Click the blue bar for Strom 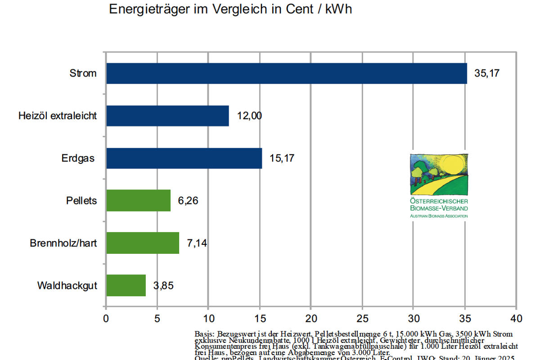point(286,73)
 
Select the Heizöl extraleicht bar point(167,116)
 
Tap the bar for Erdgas point(184,158)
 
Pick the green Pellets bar point(138,200)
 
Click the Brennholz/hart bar point(142,243)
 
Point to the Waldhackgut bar point(126,285)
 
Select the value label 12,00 point(249,116)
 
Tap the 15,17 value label point(282,158)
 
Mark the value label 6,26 point(188,201)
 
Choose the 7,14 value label point(196,243)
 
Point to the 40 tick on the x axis point(516,319)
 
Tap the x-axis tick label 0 point(106,319)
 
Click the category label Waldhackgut point(67,286)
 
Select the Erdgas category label point(78,158)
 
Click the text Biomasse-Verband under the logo point(439,208)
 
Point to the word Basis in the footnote point(204,334)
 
